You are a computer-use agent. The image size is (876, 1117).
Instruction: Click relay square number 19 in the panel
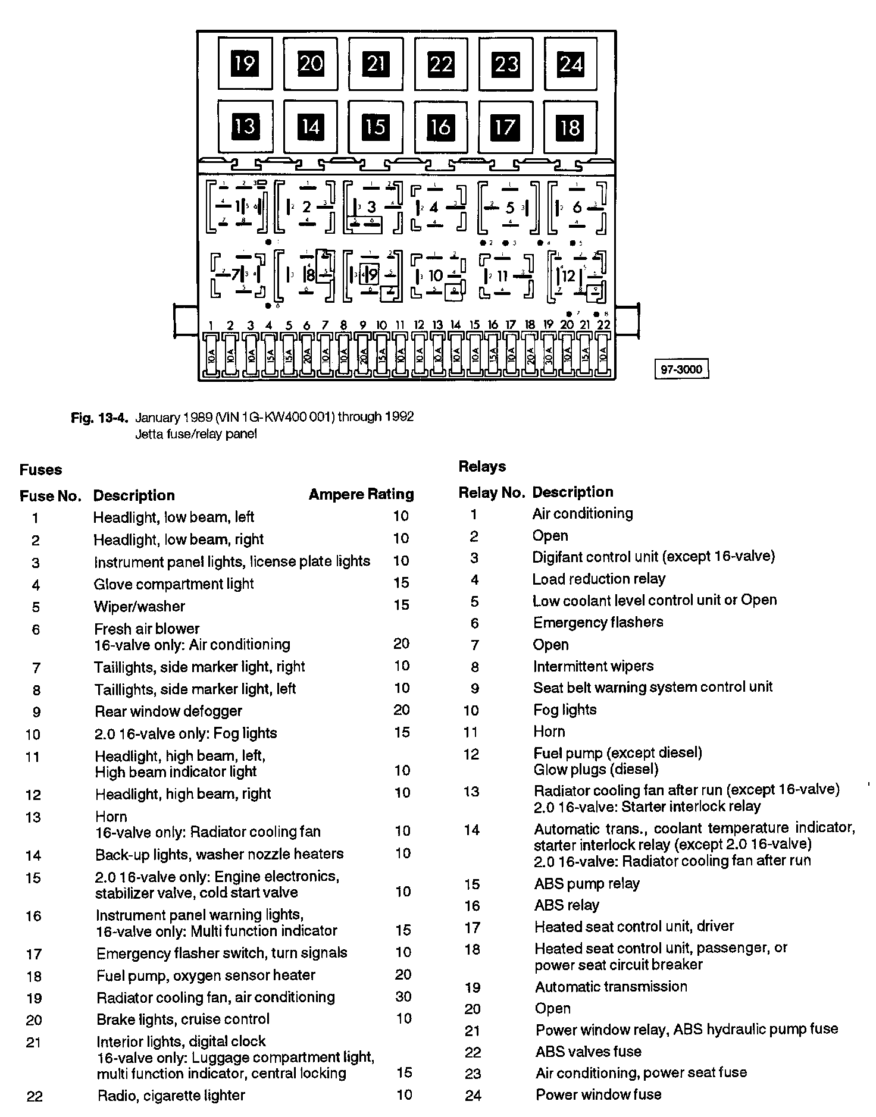click(x=245, y=63)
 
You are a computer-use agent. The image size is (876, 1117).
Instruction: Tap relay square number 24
click(x=570, y=63)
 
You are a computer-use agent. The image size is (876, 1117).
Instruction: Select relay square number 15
click(x=375, y=127)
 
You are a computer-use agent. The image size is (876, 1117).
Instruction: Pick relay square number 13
click(x=245, y=127)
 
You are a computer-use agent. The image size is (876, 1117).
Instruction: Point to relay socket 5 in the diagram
click(x=509, y=208)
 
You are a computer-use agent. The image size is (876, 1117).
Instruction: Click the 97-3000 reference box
click(x=681, y=369)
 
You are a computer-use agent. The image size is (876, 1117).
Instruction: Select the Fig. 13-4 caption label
click(x=99, y=418)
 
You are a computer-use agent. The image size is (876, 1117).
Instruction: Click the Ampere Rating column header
click(x=361, y=494)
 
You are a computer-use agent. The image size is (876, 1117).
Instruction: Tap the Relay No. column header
click(x=491, y=492)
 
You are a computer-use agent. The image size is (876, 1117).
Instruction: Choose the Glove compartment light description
click(x=174, y=584)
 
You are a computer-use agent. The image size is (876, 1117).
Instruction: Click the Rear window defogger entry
click(x=168, y=711)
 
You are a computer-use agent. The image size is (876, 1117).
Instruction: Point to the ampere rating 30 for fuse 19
click(x=403, y=997)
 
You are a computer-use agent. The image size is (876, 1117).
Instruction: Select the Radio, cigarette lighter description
click(x=171, y=1096)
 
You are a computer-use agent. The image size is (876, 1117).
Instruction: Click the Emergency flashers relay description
click(x=597, y=623)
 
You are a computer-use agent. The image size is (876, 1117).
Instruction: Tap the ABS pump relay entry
click(x=586, y=884)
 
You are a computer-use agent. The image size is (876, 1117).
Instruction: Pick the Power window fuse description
click(x=598, y=1094)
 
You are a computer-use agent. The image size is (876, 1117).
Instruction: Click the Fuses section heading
click(x=40, y=470)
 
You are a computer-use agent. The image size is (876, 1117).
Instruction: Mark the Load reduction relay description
click(x=599, y=579)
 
